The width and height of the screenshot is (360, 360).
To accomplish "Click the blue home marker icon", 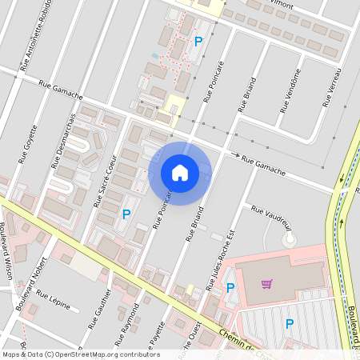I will [180, 173].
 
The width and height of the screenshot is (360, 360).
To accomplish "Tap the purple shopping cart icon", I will [267, 283].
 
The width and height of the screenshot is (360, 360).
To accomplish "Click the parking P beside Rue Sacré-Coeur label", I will [126, 214].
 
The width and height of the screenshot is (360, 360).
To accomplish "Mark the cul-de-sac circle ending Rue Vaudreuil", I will [289, 238].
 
